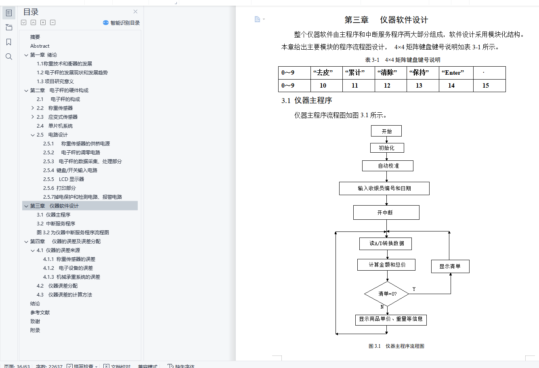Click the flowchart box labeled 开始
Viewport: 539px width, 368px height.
(386, 131)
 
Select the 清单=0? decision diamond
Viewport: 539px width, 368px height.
(387, 294)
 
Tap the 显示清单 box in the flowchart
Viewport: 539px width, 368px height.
(450, 267)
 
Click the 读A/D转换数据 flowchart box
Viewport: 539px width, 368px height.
(386, 244)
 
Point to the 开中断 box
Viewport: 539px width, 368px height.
(386, 212)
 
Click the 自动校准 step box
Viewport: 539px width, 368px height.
(388, 166)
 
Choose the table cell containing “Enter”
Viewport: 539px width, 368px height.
(456, 73)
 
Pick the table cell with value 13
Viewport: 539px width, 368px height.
(419, 86)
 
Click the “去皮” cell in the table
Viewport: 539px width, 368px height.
(326, 73)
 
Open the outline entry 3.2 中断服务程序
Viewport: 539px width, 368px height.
(56, 224)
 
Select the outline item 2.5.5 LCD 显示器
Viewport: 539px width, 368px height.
(63, 179)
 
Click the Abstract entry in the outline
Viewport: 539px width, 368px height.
(40, 46)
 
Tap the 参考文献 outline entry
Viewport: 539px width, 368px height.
(40, 313)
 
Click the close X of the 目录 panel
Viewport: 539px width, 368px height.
(135, 12)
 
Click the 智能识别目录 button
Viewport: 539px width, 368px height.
(122, 23)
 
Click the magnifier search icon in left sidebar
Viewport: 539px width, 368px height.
(9, 57)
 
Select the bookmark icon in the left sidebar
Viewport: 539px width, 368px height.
(9, 42)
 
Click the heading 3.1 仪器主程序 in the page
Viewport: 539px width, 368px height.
(307, 101)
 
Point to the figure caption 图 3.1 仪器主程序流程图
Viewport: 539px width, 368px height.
(396, 346)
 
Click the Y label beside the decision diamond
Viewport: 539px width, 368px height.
(414, 289)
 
